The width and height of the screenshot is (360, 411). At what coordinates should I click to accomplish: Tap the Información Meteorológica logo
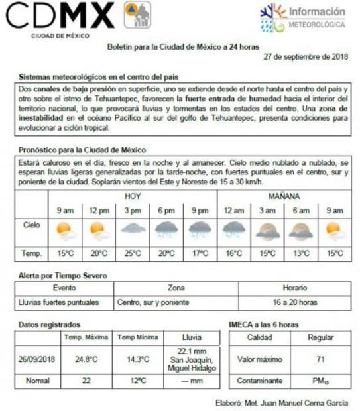(x=304, y=17)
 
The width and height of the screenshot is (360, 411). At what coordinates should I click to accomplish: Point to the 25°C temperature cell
(x=133, y=253)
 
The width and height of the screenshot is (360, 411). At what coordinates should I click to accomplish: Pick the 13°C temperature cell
(x=301, y=253)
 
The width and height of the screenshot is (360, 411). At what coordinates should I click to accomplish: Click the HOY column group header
(x=133, y=197)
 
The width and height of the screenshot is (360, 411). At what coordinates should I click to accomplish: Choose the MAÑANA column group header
(x=284, y=197)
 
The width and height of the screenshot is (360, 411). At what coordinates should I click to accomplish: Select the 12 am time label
(x=233, y=211)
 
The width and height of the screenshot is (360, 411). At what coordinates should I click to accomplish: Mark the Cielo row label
(x=31, y=225)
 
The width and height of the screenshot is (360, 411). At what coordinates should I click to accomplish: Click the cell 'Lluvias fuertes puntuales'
(x=58, y=302)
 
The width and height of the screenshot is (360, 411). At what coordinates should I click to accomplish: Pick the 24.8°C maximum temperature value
(x=86, y=359)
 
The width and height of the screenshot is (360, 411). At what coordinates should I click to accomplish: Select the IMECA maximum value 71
(x=321, y=359)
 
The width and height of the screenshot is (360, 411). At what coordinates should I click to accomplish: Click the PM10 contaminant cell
(x=321, y=381)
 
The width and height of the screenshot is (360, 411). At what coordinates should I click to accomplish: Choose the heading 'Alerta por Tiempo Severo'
(x=62, y=275)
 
